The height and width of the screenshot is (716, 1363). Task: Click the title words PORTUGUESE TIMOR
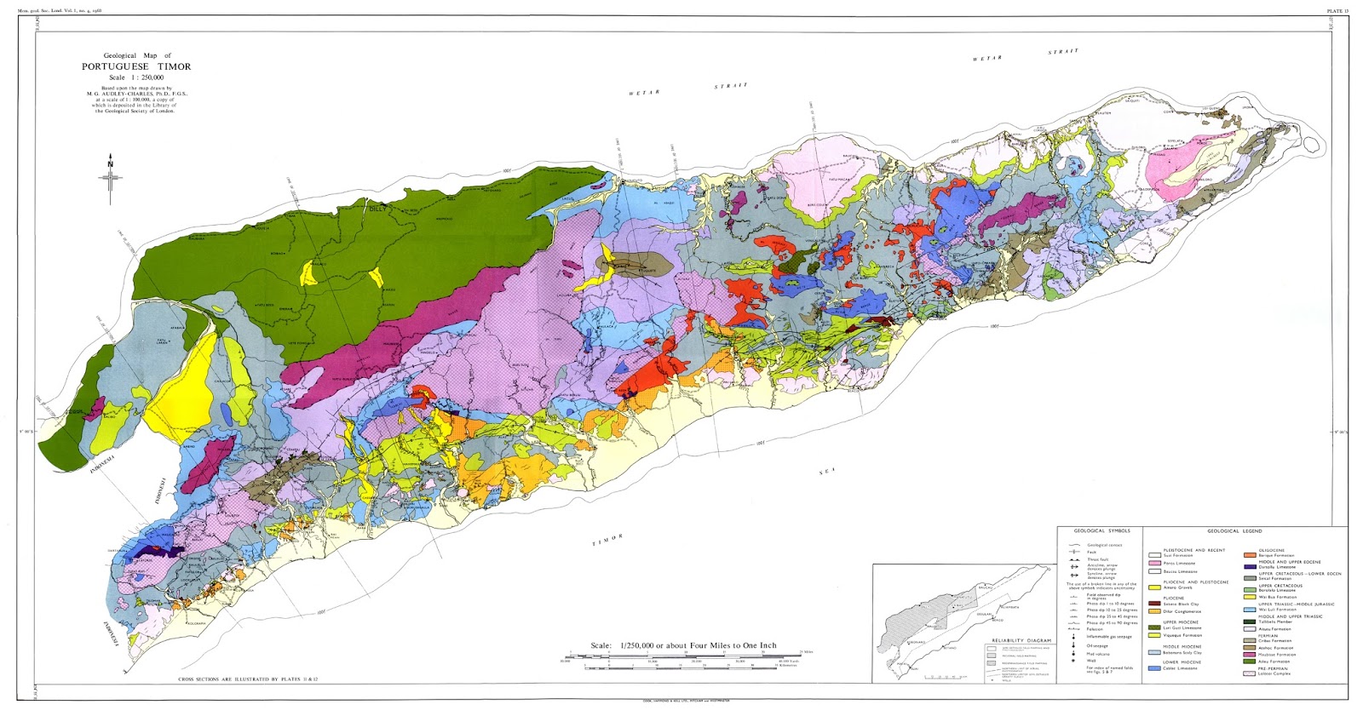[136, 66]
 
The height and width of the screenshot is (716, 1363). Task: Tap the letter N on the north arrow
[110, 164]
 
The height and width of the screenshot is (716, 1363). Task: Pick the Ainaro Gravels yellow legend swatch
[1154, 587]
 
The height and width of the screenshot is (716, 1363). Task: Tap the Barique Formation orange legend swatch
[1250, 555]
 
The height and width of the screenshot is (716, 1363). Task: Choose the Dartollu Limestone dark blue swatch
[1250, 567]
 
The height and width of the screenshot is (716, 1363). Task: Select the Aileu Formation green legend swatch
[1250, 662]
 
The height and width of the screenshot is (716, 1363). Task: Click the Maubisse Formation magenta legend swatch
[1250, 655]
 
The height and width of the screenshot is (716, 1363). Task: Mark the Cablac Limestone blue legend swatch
[1154, 668]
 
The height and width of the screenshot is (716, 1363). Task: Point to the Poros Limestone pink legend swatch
[1154, 563]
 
